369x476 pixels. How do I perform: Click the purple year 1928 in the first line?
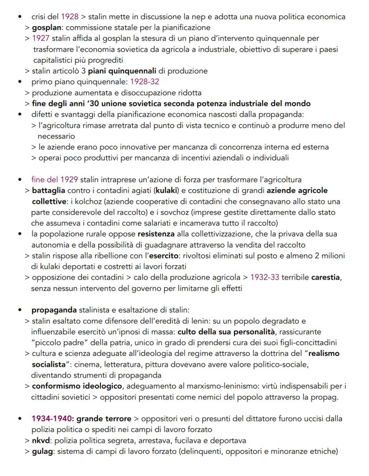point(70,17)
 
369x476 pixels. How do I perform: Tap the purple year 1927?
point(41,38)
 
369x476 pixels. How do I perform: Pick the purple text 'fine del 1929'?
point(55,180)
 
